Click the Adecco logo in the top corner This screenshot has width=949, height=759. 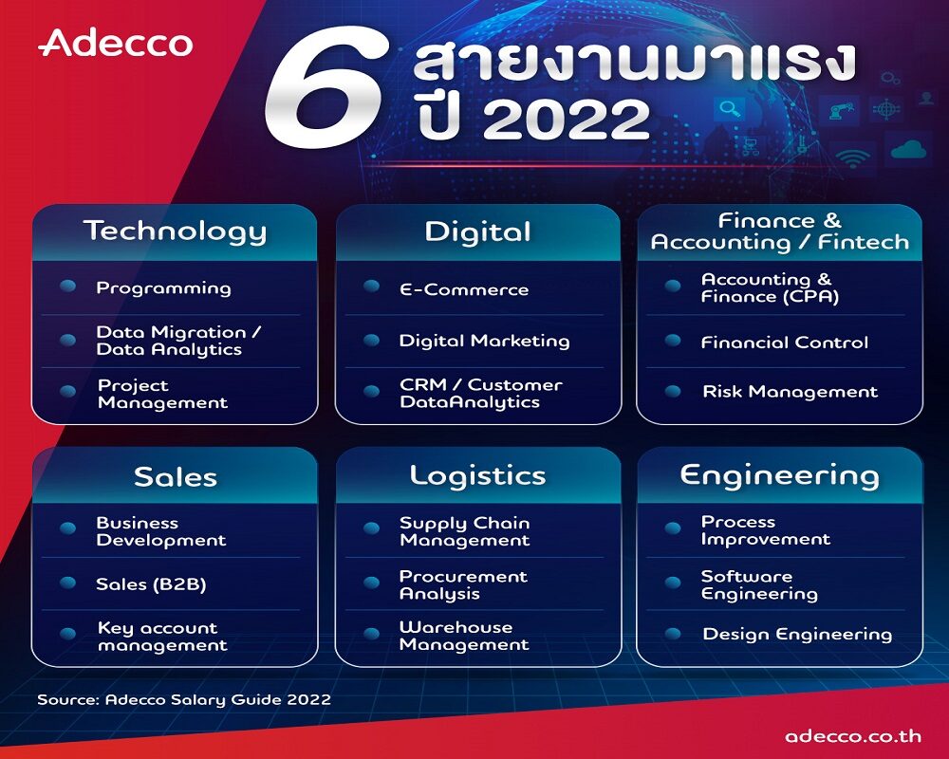[x=116, y=43]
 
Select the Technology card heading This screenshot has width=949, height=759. [x=175, y=231]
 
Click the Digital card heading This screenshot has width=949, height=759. [x=477, y=231]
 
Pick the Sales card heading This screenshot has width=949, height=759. [x=176, y=477]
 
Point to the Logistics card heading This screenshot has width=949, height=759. [x=477, y=476]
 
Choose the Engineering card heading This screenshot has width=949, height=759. [x=779, y=476]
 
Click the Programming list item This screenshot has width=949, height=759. [x=163, y=288]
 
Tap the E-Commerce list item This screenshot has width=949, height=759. [x=464, y=290]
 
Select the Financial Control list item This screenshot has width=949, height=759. [x=785, y=342]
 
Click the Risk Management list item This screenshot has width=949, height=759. [x=790, y=392]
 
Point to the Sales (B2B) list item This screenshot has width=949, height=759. [x=151, y=584]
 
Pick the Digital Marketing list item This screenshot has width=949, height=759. [x=484, y=342]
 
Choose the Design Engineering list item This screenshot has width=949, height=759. [x=797, y=635]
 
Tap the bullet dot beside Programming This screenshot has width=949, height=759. [x=67, y=287]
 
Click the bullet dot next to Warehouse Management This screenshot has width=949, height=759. [x=371, y=634]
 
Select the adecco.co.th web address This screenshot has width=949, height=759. [x=853, y=736]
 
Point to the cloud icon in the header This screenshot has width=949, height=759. [x=909, y=148]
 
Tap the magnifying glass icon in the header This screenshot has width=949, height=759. [x=730, y=109]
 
